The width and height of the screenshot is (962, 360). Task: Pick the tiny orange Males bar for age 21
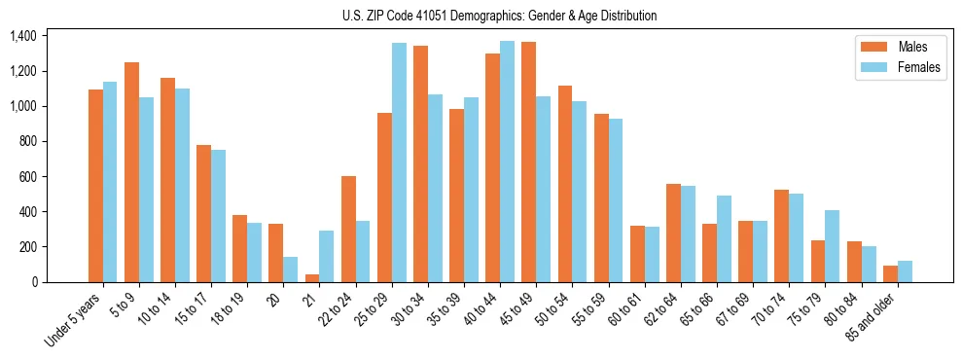pyautogui.click(x=312, y=278)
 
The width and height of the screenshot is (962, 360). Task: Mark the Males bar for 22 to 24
pyautogui.click(x=348, y=229)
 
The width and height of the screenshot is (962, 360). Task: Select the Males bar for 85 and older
pyautogui.click(x=891, y=273)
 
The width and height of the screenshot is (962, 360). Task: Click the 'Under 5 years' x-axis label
pyautogui.click(x=74, y=319)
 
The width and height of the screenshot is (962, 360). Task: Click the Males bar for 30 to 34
pyautogui.click(x=420, y=163)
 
